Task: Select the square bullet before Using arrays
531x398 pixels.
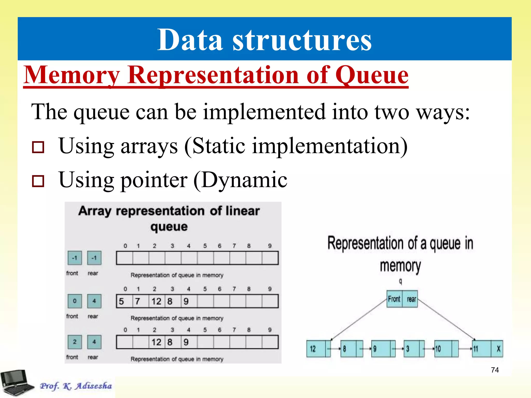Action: coord(38,147)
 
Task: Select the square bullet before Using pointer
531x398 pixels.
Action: coord(38,181)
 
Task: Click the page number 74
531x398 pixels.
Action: coord(495,370)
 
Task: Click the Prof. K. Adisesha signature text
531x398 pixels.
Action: coord(76,386)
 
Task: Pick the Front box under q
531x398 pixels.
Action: coord(394,299)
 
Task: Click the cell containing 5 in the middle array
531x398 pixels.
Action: coord(124,301)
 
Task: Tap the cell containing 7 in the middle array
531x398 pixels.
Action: coord(140,301)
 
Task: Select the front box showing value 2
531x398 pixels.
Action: coord(75,342)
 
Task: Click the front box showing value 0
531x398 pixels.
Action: coord(75,301)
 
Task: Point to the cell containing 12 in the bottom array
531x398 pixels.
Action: coord(157,342)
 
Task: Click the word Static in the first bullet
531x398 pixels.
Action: coord(219,146)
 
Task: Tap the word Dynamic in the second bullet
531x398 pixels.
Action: coord(244,180)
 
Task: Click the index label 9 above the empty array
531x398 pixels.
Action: coord(270,246)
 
